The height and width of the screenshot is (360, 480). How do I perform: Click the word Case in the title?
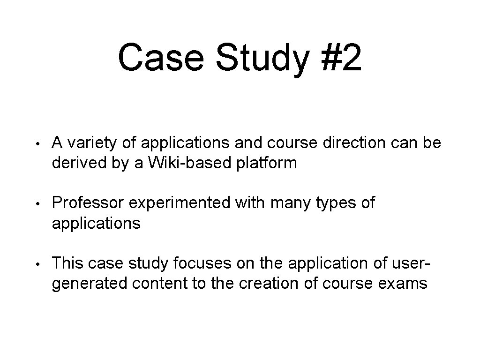(x=159, y=58)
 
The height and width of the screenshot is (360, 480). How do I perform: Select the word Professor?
(x=88, y=203)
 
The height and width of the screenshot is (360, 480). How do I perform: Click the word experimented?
(x=180, y=203)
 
